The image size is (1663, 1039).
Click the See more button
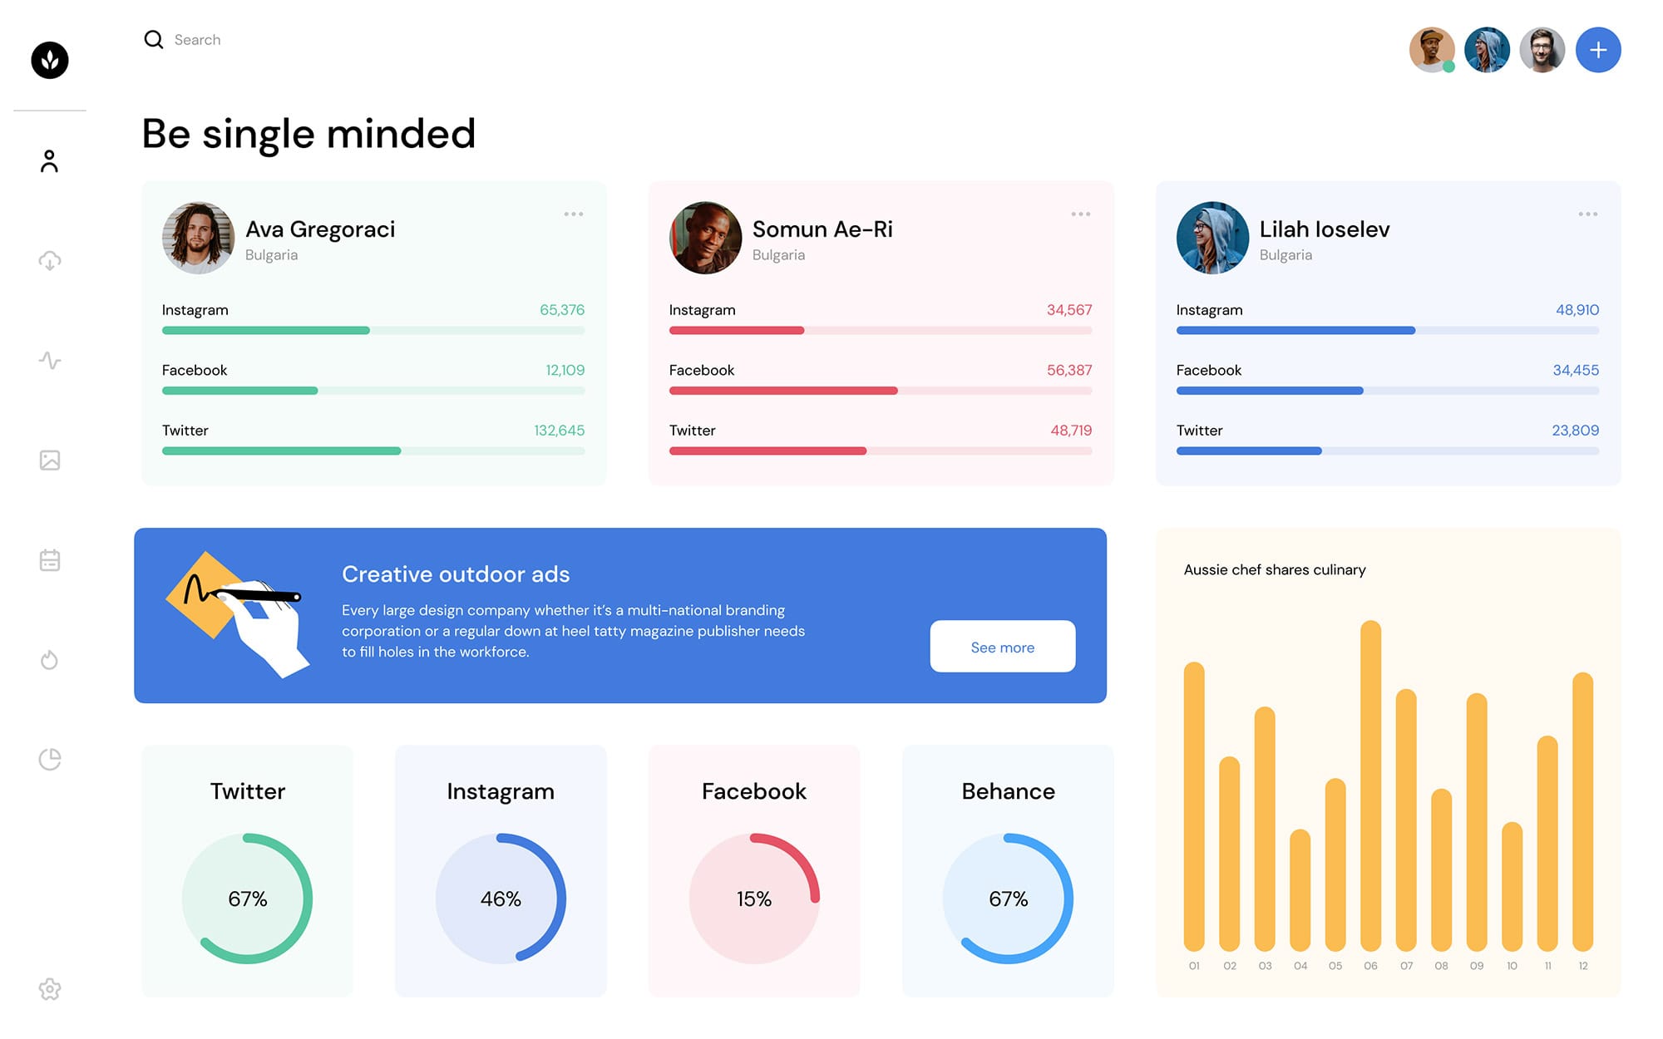click(1002, 647)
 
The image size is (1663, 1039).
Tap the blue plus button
click(1597, 50)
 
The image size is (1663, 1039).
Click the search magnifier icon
click(154, 40)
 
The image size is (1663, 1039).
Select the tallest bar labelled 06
click(1370, 785)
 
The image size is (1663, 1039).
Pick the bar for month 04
click(1300, 889)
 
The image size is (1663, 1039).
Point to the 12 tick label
click(1583, 966)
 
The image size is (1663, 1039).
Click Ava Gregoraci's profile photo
click(198, 238)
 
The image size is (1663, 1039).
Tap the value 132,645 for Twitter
click(559, 431)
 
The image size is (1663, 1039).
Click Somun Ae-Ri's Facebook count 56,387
click(1068, 370)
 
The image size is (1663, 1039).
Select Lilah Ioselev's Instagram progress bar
click(1387, 331)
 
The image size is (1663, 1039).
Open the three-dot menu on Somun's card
click(1080, 214)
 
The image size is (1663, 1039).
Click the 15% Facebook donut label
click(754, 899)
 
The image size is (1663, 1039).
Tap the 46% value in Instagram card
click(501, 899)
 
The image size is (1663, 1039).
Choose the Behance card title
click(1008, 791)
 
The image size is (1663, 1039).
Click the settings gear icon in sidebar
click(50, 989)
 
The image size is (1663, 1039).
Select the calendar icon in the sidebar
click(50, 560)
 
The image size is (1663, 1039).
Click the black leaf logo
click(50, 60)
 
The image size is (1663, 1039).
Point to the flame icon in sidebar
click(50, 660)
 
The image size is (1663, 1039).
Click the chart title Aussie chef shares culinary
click(1275, 570)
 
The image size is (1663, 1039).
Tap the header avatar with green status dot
click(1431, 50)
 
